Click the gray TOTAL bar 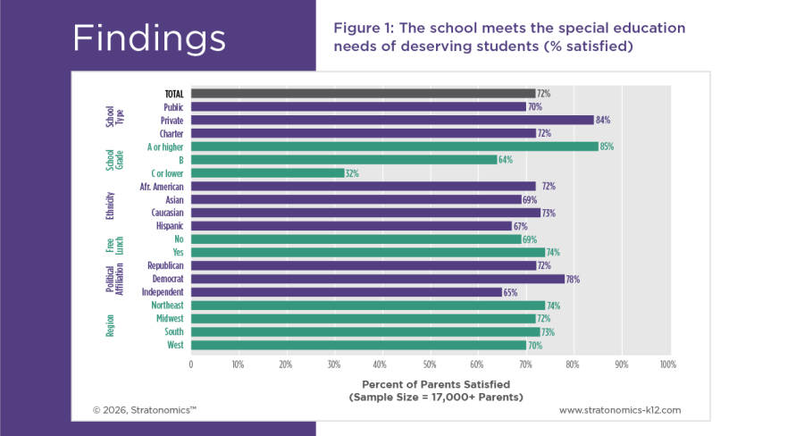362,93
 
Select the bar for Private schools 391,120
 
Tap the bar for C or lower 267,173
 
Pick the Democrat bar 377,279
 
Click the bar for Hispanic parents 350,226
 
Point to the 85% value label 607,147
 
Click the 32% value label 352,173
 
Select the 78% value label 573,280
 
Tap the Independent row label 163,292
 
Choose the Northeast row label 166,306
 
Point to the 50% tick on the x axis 429,365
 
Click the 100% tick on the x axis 666,365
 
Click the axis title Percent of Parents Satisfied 429,383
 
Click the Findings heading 148,38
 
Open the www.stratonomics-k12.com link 619,410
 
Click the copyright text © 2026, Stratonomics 144,410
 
